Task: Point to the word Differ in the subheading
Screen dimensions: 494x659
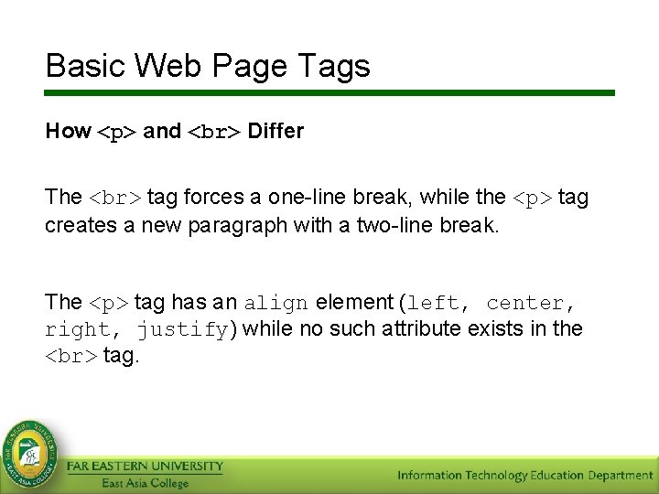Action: pyautogui.click(x=275, y=132)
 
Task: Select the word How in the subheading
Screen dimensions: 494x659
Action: pyautogui.click(x=68, y=132)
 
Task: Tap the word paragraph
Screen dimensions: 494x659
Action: pyautogui.click(x=243, y=225)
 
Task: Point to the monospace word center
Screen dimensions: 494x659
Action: pyautogui.click(x=525, y=303)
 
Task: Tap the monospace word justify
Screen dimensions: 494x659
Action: pyautogui.click(x=184, y=329)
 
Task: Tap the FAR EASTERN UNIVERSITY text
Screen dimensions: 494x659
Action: pyautogui.click(x=145, y=467)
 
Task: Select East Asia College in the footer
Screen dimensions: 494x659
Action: pyautogui.click(x=145, y=483)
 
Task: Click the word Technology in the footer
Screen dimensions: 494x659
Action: pyautogui.click(x=495, y=476)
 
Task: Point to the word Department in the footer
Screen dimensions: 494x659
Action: pyautogui.click(x=614, y=476)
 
